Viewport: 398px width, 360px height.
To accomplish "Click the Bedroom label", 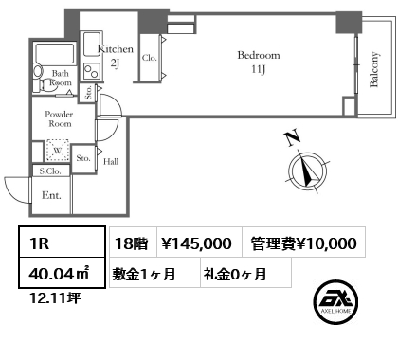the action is [x=259, y=55].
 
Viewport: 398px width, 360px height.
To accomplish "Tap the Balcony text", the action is [x=374, y=69].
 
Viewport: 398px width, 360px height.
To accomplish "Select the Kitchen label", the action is [x=116, y=49].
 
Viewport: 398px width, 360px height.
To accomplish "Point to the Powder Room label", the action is [x=59, y=118].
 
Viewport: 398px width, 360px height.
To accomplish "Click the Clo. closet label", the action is [x=150, y=58].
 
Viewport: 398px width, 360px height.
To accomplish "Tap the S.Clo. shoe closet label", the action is [x=50, y=171].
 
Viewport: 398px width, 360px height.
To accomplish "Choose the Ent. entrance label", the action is [x=51, y=195].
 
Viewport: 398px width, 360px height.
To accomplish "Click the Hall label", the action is [x=111, y=162].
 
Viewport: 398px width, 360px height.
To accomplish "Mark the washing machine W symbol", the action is [x=58, y=151].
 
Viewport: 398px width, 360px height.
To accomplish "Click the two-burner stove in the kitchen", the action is [x=92, y=71].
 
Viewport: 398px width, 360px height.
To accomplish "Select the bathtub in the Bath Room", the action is [x=55, y=53].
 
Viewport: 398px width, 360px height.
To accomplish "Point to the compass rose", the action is [x=307, y=171].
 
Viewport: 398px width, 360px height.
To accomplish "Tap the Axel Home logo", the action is [x=335, y=302].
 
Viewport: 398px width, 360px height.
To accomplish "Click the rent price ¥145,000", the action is [x=196, y=243].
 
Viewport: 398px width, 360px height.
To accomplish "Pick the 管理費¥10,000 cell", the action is [x=304, y=242].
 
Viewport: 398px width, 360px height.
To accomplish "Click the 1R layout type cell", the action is [x=62, y=242].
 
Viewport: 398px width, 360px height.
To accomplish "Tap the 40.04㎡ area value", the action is [x=60, y=273].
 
